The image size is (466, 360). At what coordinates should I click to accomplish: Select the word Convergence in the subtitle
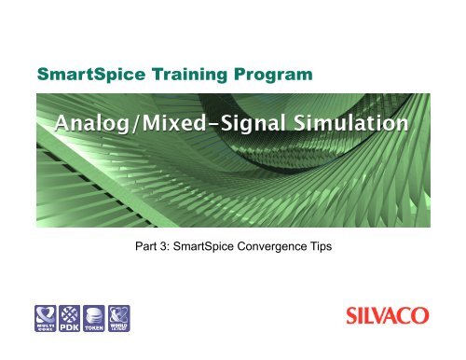coord(281,249)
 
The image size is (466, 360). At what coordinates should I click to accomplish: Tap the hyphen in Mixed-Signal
coord(217,124)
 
